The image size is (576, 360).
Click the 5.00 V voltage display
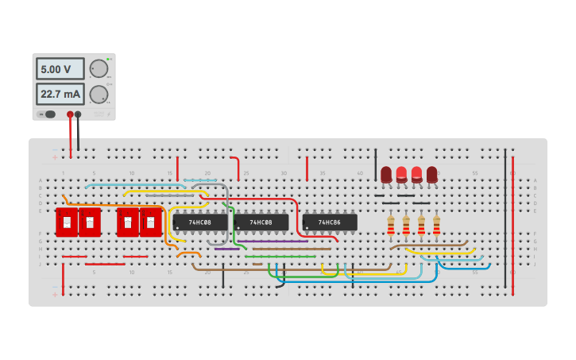click(60, 69)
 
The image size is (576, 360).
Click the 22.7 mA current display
click(60, 95)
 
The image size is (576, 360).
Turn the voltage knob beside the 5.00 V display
click(99, 68)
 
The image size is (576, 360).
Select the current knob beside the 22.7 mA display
click(99, 95)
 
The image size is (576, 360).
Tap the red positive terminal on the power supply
click(70, 114)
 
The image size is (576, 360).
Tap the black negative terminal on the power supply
click(78, 114)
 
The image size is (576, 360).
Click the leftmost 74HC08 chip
click(199, 223)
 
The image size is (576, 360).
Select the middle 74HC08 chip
click(261, 223)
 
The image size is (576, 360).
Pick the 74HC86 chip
click(329, 223)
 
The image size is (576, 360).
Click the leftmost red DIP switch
click(67, 223)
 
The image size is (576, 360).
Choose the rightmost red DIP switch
click(151, 223)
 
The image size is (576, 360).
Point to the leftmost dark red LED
click(386, 174)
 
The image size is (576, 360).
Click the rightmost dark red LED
click(432, 174)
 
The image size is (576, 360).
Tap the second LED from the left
click(401, 174)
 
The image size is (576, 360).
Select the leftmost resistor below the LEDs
click(390, 226)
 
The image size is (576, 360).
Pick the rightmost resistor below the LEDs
click(436, 226)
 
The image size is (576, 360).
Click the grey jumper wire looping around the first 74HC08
click(228, 215)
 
